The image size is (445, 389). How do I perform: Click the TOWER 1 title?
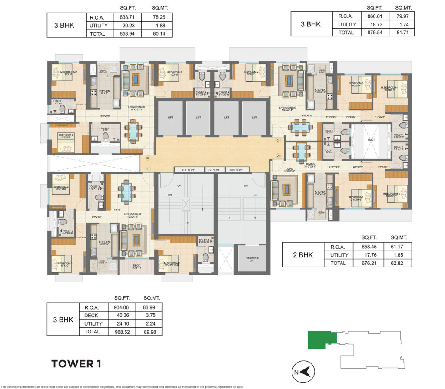(76, 364)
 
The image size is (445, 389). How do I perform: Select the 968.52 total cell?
(123, 332)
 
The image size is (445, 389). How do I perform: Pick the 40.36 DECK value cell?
(123, 315)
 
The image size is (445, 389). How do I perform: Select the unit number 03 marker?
(278, 140)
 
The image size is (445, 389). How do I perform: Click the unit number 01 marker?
(148, 169)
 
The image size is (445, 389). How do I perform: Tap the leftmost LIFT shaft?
(169, 118)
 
